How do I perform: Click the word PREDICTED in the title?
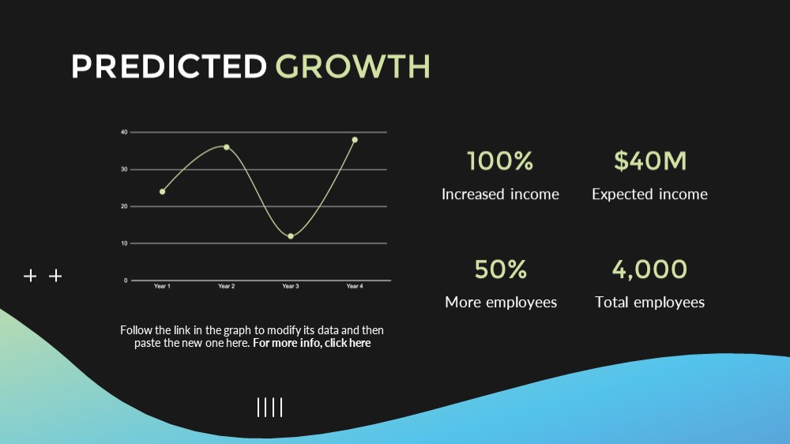pyautogui.click(x=169, y=66)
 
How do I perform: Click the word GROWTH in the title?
pyautogui.click(x=352, y=66)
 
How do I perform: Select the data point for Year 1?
pyautogui.click(x=162, y=191)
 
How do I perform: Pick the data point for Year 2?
pyautogui.click(x=226, y=147)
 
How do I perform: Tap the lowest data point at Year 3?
pyautogui.click(x=291, y=236)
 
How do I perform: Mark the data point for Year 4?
pyautogui.click(x=355, y=140)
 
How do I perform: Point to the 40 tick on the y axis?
pyautogui.click(x=124, y=132)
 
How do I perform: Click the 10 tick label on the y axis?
pyautogui.click(x=124, y=243)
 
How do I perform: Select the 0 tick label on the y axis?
pyautogui.click(x=126, y=280)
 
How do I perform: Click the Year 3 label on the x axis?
pyautogui.click(x=291, y=286)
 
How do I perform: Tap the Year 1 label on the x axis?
pyautogui.click(x=162, y=286)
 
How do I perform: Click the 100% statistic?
pyautogui.click(x=500, y=160)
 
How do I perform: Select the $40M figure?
pyautogui.click(x=650, y=160)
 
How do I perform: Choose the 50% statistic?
pyautogui.click(x=500, y=269)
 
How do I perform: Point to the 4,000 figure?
pyautogui.click(x=649, y=269)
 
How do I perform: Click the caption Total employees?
pyautogui.click(x=649, y=302)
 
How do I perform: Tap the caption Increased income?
pyautogui.click(x=500, y=194)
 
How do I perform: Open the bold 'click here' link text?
pyautogui.click(x=348, y=343)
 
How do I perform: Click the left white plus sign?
pyautogui.click(x=30, y=276)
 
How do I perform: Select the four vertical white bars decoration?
pyautogui.click(x=269, y=407)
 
